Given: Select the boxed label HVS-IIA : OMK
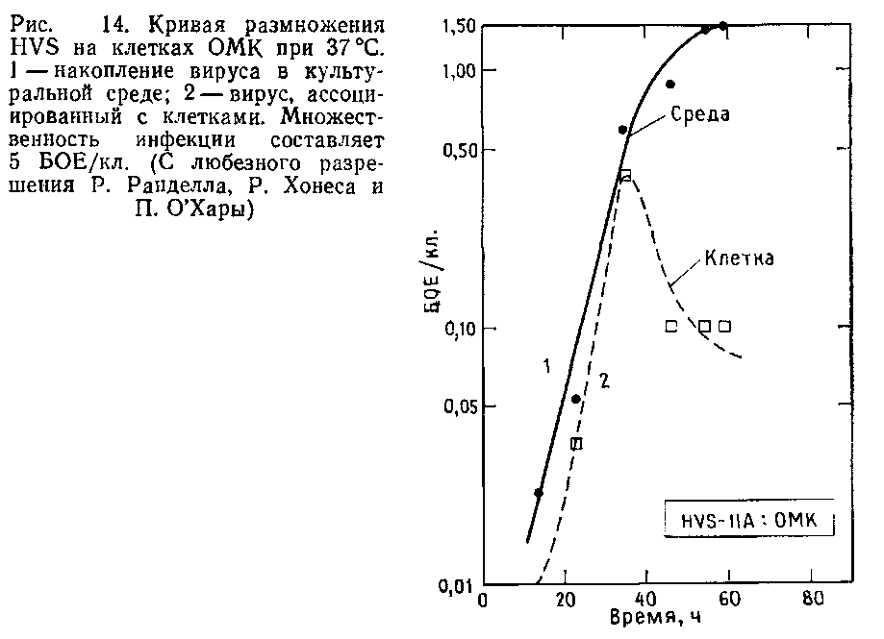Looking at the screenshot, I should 749,521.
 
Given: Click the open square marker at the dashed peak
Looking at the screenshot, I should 625,175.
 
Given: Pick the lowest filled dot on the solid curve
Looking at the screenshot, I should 539,493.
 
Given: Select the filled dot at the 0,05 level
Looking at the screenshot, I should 576,399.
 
